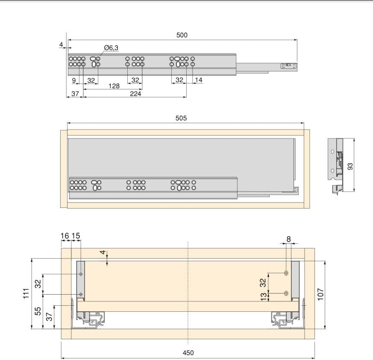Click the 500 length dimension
point(182,35)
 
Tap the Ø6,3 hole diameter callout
point(111,47)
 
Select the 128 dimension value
point(114,86)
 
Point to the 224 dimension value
point(135,94)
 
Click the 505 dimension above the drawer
point(181,118)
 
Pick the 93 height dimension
point(350,166)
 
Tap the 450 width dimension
point(188,353)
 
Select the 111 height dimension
point(26,293)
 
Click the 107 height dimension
point(320,294)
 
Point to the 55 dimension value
point(38,311)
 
